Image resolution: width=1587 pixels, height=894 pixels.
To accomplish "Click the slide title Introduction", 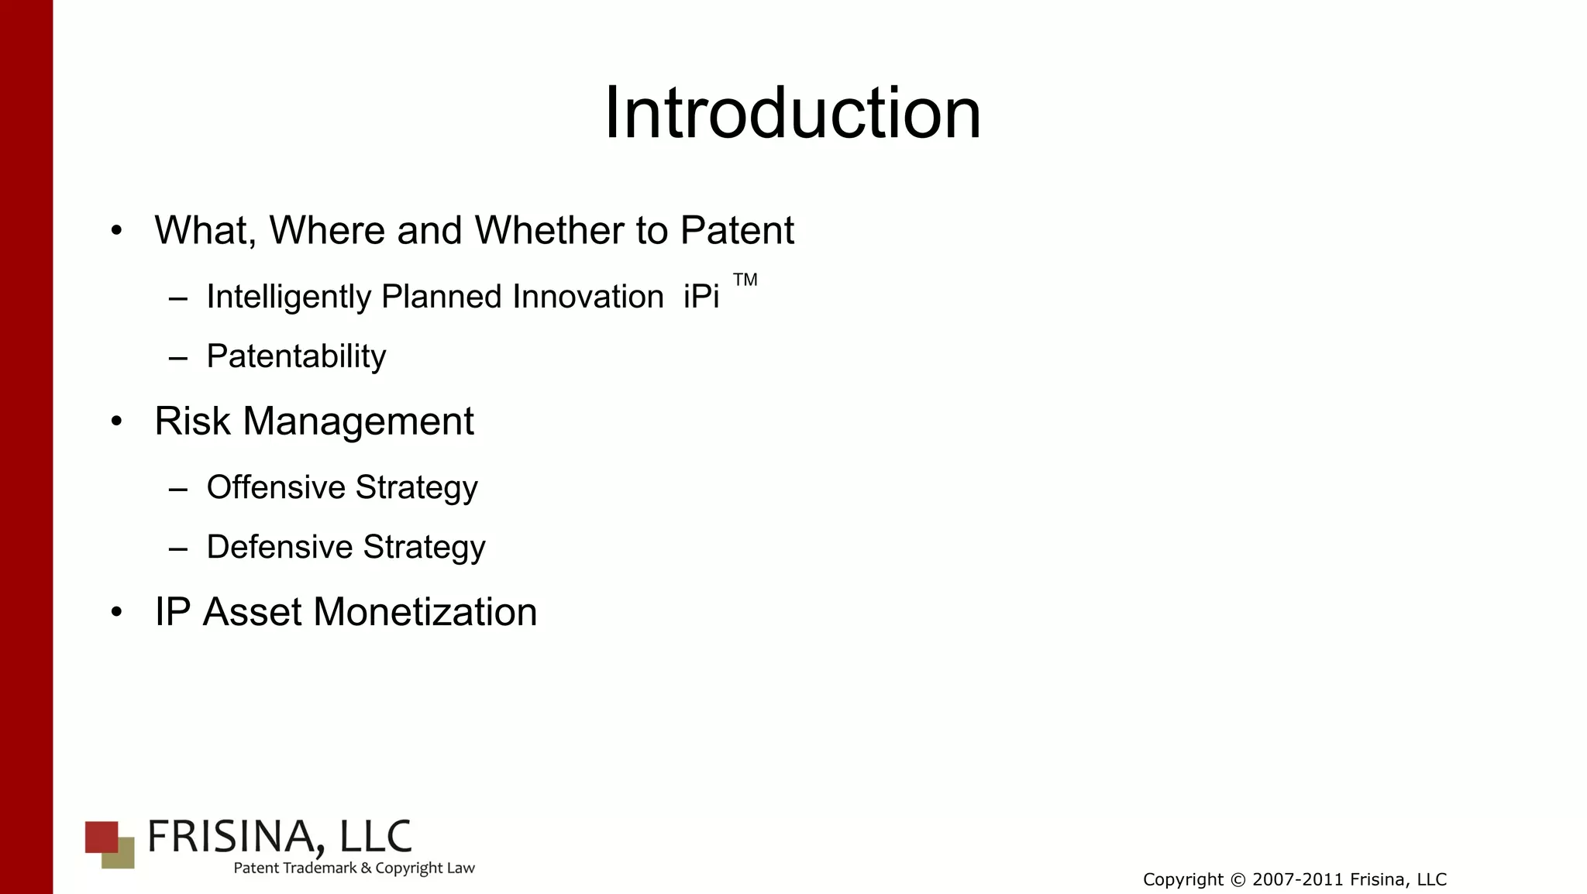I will (x=792, y=114).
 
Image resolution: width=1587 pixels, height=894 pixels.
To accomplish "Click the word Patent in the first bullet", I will (x=736, y=231).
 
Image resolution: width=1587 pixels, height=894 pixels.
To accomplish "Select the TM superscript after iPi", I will (x=745, y=280).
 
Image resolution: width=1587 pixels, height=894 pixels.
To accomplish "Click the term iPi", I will (x=701, y=297).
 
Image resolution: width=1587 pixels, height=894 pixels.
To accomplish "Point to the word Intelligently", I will (x=288, y=297).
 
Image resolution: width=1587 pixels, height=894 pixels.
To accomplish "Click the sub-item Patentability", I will (x=296, y=356).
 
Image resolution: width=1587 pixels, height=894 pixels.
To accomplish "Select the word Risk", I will (x=192, y=422).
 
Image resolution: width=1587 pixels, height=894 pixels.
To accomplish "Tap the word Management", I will (x=358, y=422).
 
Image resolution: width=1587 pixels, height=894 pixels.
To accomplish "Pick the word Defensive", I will (x=279, y=547).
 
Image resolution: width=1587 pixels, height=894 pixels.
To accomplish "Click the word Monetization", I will (x=425, y=612).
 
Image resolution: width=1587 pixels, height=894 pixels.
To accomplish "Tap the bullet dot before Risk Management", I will (x=116, y=422).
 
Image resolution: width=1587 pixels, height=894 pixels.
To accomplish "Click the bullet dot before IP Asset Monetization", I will (x=116, y=613).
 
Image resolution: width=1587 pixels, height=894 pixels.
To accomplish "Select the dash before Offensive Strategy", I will (x=177, y=490).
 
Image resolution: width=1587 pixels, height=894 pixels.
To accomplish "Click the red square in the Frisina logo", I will (x=99, y=834).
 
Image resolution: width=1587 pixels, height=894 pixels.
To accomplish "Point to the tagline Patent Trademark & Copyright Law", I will (x=354, y=868).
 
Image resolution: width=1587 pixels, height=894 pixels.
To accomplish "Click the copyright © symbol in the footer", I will (x=1238, y=880).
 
